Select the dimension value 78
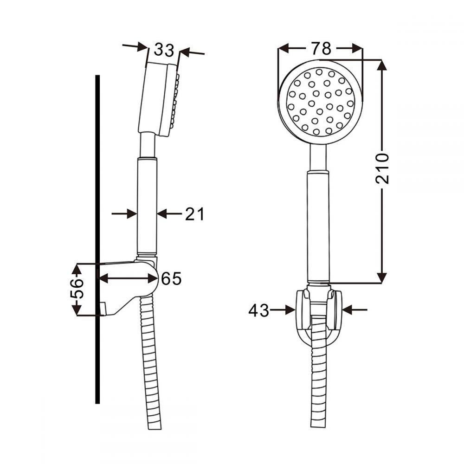(321, 48)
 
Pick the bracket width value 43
(258, 310)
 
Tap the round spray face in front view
(320, 102)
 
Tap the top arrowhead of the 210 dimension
(381, 65)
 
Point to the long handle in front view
(319, 223)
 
